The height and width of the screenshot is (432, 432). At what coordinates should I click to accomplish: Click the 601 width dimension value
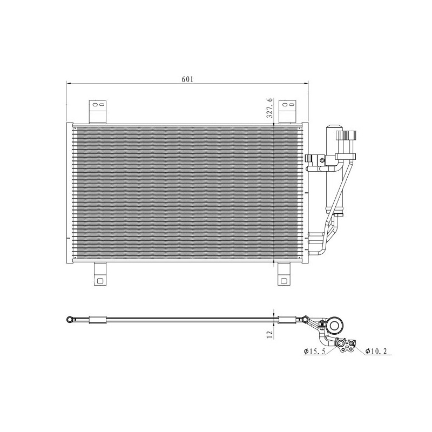coord(187,79)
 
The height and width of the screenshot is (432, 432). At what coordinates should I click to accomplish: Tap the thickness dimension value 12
coord(269,335)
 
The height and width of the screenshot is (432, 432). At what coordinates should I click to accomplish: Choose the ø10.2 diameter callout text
coord(376,352)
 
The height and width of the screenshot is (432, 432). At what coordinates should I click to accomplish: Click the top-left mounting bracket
coord(98,111)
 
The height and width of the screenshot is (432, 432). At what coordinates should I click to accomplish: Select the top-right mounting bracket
coord(287,111)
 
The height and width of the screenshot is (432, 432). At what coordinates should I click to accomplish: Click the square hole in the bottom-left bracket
coord(101,280)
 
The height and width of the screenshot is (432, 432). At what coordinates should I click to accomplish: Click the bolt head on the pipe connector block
coord(322,159)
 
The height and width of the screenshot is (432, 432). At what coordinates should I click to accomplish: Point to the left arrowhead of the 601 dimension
coord(69,83)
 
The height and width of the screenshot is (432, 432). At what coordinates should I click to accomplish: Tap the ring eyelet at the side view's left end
coord(70,320)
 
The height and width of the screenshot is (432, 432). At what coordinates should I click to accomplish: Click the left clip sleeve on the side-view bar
coord(98,320)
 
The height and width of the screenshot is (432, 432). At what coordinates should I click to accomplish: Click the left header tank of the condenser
coord(69,193)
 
